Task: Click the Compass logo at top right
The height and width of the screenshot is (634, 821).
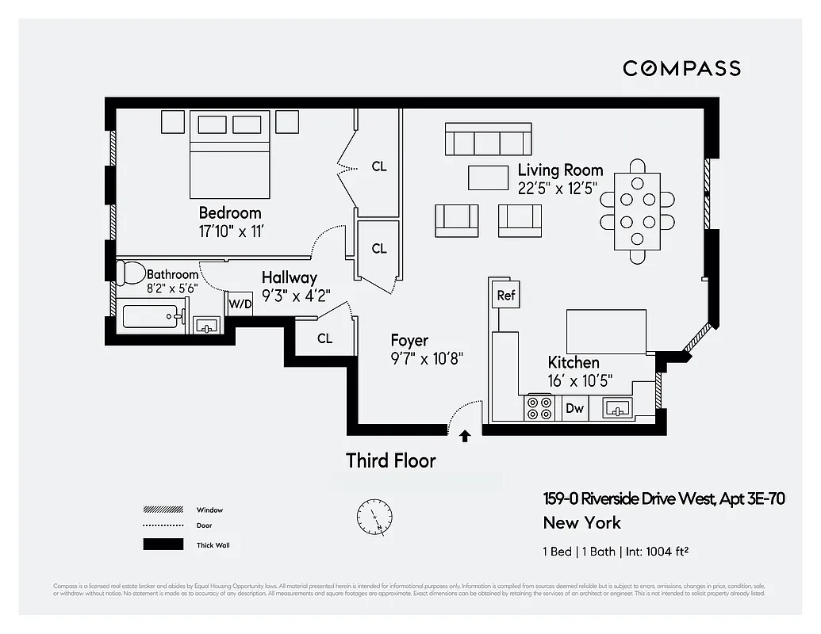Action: point(681,68)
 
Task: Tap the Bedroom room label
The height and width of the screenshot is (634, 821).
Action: point(229,213)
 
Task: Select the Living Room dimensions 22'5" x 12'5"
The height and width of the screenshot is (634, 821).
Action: point(557,188)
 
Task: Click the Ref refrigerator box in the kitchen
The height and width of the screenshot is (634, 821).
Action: point(505,296)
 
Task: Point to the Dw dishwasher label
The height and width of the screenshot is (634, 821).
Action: point(574,409)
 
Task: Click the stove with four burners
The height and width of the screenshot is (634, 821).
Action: point(540,408)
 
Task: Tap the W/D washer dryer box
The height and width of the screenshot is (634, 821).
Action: point(239,304)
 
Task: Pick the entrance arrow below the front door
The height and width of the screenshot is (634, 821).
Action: point(465,435)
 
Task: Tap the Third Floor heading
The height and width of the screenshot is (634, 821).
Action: point(390,460)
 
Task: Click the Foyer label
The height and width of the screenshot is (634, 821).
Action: point(409,341)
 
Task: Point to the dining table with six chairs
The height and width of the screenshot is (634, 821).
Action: point(638,211)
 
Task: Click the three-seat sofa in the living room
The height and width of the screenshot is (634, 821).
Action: point(488,139)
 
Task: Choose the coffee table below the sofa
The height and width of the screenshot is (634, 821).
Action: point(488,178)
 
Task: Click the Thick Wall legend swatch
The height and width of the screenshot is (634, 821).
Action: point(163,544)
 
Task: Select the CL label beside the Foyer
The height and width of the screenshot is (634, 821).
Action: point(324,338)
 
